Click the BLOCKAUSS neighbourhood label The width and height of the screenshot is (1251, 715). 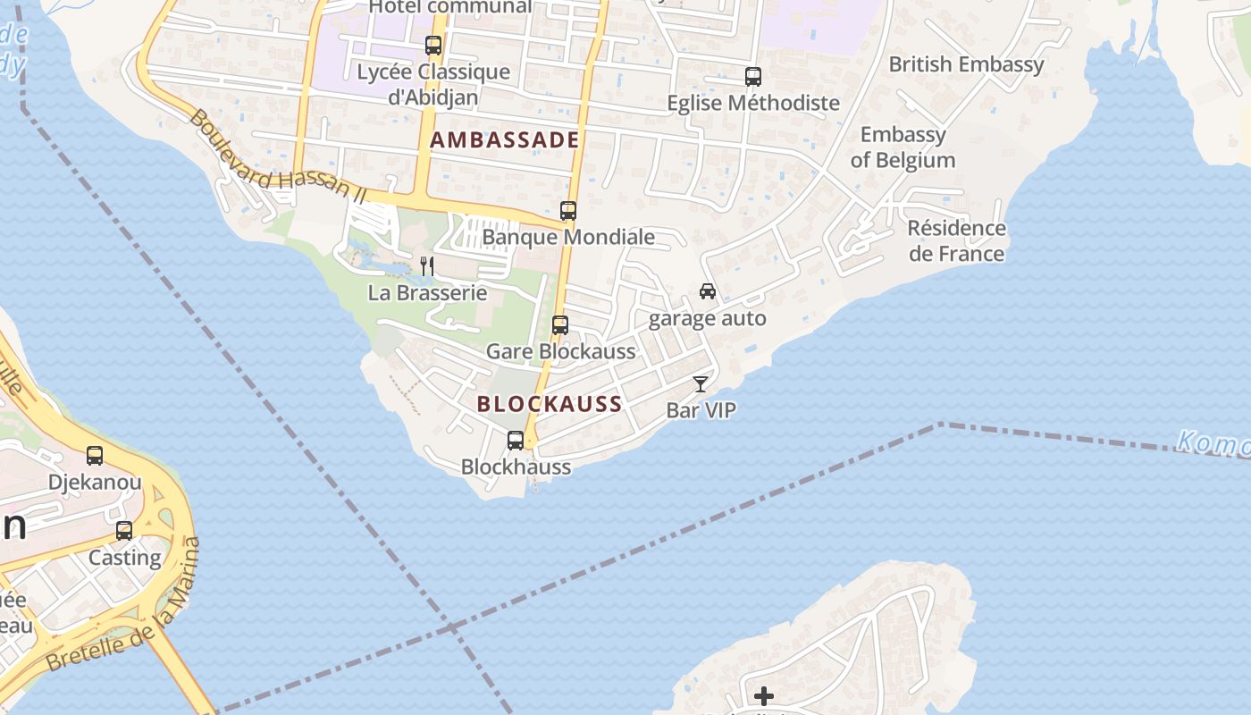coord(549,404)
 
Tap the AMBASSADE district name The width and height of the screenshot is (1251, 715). coord(505,140)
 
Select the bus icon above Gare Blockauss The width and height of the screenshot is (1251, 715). coord(560,325)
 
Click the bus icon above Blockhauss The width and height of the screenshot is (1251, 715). coord(516,440)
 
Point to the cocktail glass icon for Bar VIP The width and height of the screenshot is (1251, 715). coord(701,384)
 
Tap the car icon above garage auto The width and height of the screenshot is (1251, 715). coord(708,291)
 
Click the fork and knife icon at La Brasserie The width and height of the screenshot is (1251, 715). coord(427,265)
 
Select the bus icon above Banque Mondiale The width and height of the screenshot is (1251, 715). coord(568,211)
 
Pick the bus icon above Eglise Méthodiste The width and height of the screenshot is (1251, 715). coord(753,77)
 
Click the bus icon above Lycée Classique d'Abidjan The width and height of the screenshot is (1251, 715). coord(433,45)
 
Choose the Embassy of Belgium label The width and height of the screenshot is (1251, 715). coord(903,147)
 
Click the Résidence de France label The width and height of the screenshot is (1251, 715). coord(956,241)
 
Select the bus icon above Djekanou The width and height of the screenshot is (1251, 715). coord(95,456)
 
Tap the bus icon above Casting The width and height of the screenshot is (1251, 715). coord(124,530)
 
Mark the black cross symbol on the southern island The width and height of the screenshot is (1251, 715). coord(764,695)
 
